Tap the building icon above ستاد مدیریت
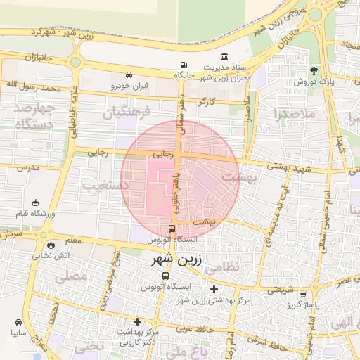(224, 56)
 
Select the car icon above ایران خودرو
(129, 75)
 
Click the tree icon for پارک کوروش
(314, 70)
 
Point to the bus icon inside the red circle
(173, 229)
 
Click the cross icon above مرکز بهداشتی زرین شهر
(214, 289)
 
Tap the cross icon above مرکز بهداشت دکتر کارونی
(137, 321)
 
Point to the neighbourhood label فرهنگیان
(127, 112)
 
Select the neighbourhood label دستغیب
(101, 185)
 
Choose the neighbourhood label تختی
(89, 345)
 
